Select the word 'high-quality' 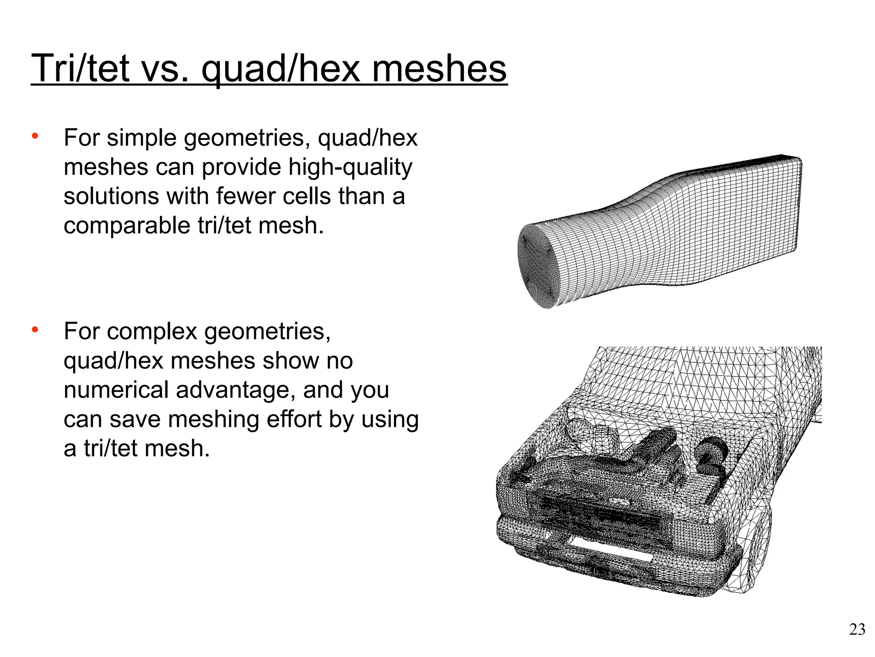350,167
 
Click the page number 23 857,630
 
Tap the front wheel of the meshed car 758,552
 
